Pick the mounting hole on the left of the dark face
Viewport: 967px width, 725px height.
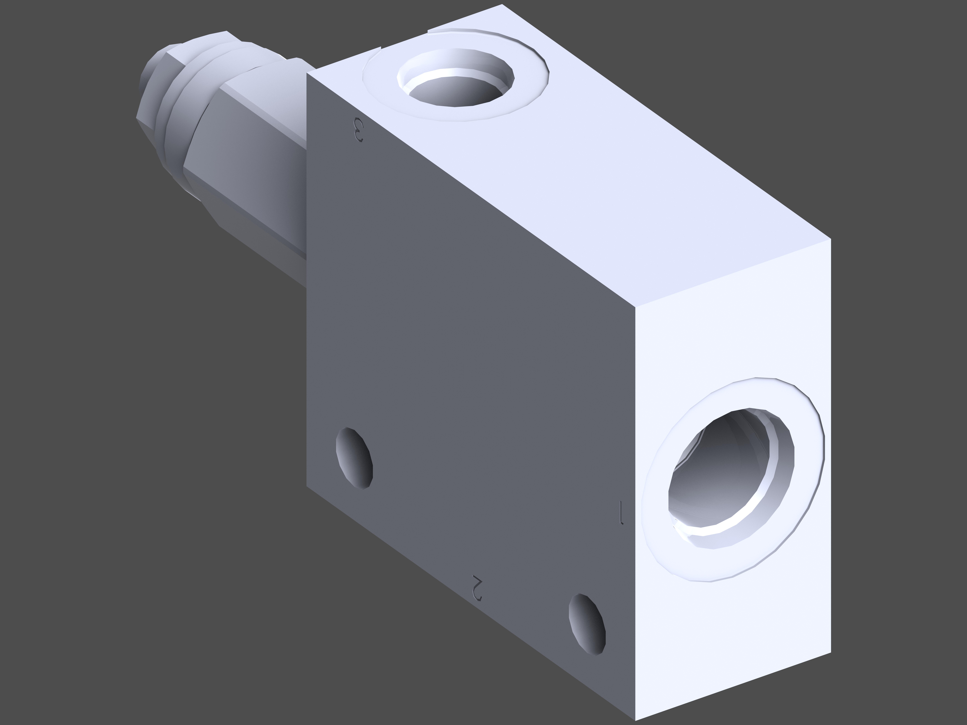(354, 458)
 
